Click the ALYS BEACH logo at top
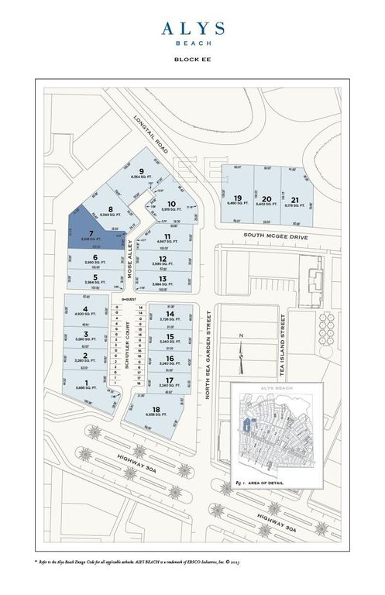click(x=193, y=32)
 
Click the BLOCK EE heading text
click(x=193, y=59)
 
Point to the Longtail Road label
click(x=151, y=133)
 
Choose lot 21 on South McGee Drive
click(x=295, y=201)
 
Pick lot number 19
click(x=238, y=201)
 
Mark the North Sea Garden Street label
click(x=208, y=353)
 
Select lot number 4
click(x=85, y=311)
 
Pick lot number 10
click(x=172, y=206)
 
